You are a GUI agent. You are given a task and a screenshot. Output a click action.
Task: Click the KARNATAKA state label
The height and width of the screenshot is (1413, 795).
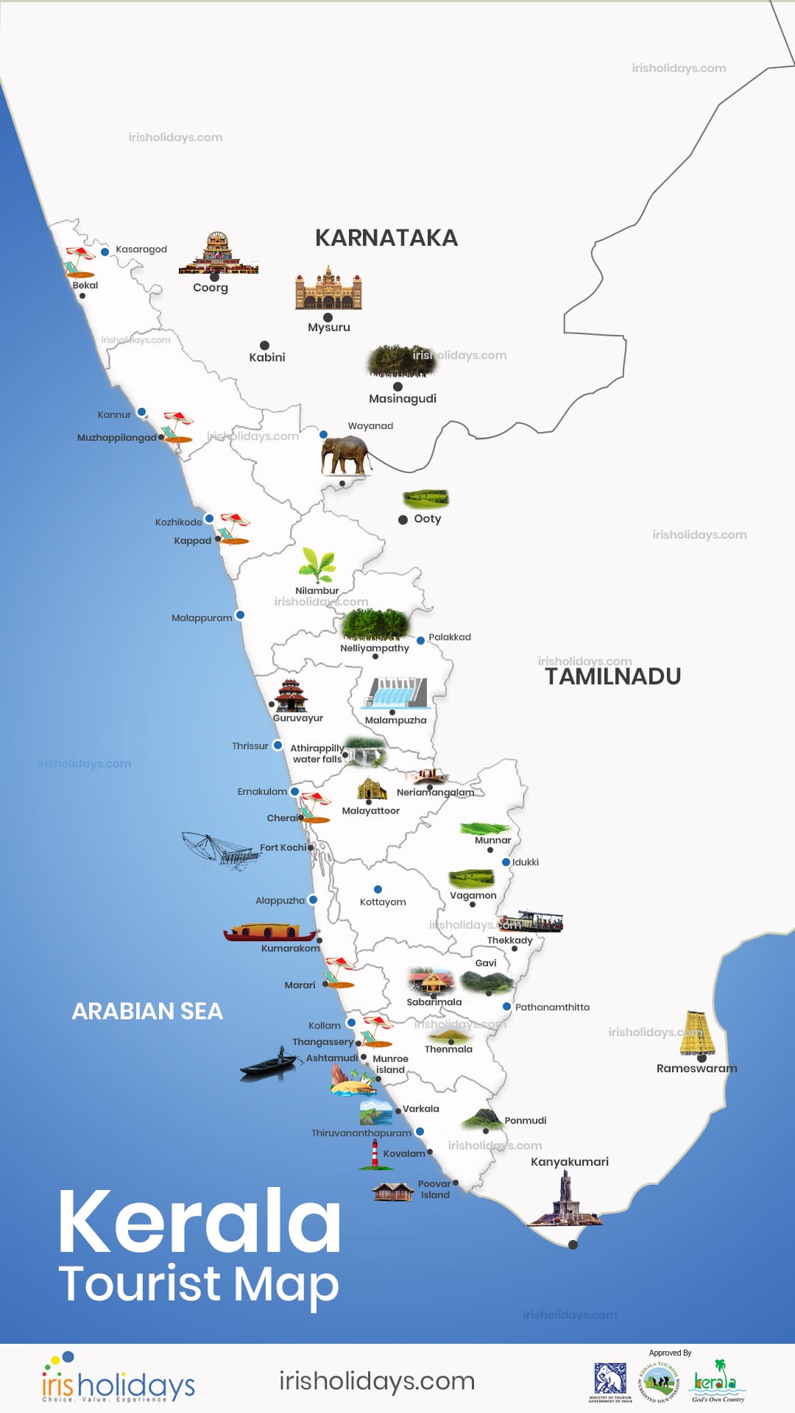pyautogui.click(x=386, y=238)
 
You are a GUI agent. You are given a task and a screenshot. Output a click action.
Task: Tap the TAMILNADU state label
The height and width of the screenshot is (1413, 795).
pyautogui.click(x=612, y=676)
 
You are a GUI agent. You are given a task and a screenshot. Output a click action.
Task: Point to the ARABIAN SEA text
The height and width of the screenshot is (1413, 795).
pyautogui.click(x=147, y=1011)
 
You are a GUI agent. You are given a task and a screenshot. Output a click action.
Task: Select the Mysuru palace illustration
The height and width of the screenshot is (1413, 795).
pyautogui.click(x=328, y=288)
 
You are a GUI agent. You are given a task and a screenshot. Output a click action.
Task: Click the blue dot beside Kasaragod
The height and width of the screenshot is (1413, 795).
pyautogui.click(x=105, y=252)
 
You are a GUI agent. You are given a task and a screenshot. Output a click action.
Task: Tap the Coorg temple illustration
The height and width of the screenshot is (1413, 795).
pyautogui.click(x=218, y=254)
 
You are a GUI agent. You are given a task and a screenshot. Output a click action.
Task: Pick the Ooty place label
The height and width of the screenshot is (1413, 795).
pyautogui.click(x=427, y=519)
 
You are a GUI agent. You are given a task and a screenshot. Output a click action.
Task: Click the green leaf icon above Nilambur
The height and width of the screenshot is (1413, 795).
pyautogui.click(x=317, y=565)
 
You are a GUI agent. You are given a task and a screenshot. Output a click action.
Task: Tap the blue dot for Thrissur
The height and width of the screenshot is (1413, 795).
pyautogui.click(x=278, y=745)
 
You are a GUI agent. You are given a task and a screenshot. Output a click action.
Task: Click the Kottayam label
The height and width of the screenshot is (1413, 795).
pyautogui.click(x=383, y=902)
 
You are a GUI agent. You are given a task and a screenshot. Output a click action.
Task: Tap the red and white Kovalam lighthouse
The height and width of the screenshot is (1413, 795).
pyautogui.click(x=375, y=1155)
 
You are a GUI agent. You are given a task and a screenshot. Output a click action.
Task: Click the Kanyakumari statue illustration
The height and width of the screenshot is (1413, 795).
pyautogui.click(x=566, y=1200)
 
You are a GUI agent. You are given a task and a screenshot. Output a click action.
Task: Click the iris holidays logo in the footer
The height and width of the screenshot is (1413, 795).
pyautogui.click(x=118, y=1378)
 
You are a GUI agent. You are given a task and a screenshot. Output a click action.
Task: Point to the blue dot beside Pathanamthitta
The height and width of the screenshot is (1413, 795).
pyautogui.click(x=506, y=1006)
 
